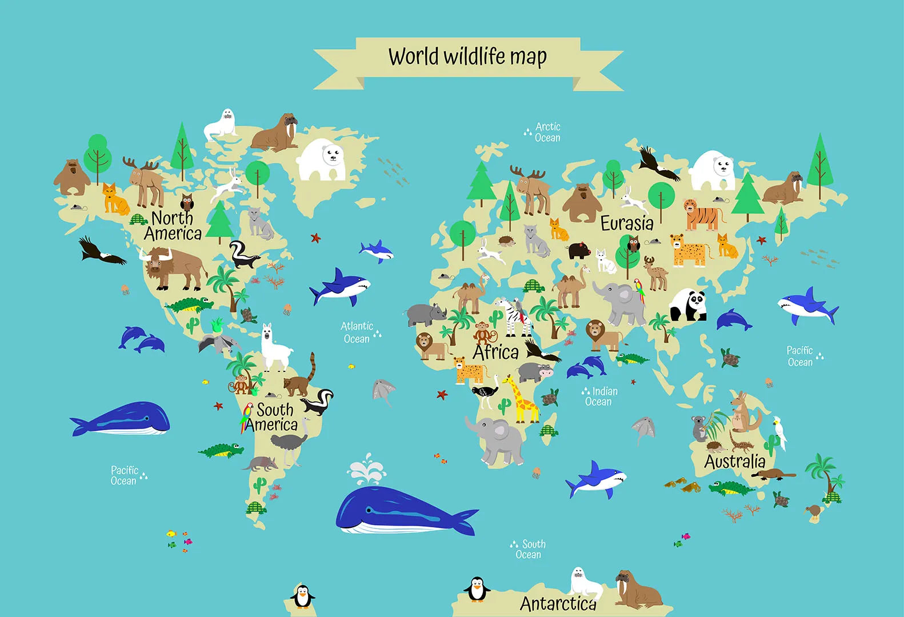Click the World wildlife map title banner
pyautogui.click(x=467, y=57)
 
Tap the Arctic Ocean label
pyautogui.click(x=547, y=132)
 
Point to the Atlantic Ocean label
pyautogui.click(x=357, y=332)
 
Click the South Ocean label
pyautogui.click(x=530, y=549)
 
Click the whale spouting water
pyautogui.click(x=400, y=508)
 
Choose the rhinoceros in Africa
pyautogui.click(x=426, y=314)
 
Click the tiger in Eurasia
pyautogui.click(x=702, y=215)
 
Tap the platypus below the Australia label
pyautogui.click(x=773, y=474)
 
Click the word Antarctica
pyautogui.click(x=558, y=603)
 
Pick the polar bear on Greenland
pyautogui.click(x=322, y=160)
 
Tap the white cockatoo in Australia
pyautogui.click(x=779, y=432)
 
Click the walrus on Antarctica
pyautogui.click(x=636, y=590)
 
